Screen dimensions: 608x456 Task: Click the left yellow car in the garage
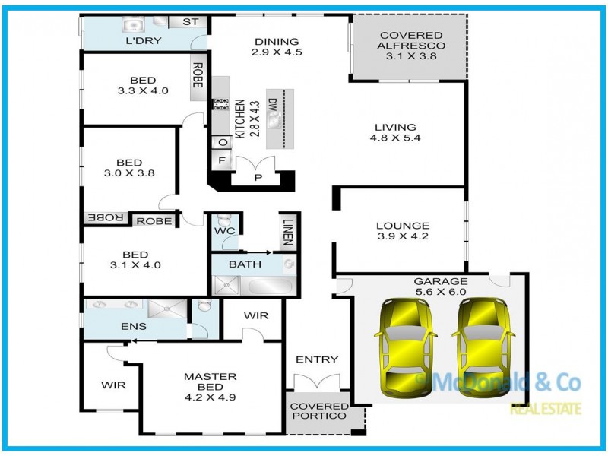pyautogui.click(x=406, y=348)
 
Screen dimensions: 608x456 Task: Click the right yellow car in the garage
pyautogui.click(x=483, y=348)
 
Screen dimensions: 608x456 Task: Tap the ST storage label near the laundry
pyautogui.click(x=191, y=22)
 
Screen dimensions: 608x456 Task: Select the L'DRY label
pyautogui.click(x=144, y=41)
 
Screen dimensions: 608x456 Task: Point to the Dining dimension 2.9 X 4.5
pyautogui.click(x=277, y=52)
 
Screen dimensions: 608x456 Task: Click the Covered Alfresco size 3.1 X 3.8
pyautogui.click(x=411, y=55)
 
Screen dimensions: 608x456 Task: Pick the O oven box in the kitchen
pyautogui.click(x=222, y=142)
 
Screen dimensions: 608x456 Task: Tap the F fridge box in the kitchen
pyautogui.click(x=222, y=160)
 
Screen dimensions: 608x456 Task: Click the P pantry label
pyautogui.click(x=258, y=178)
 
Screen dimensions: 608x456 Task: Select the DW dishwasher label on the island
pyautogui.click(x=273, y=104)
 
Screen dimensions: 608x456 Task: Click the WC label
pyautogui.click(x=224, y=231)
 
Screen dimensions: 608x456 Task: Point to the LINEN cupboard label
pyautogui.click(x=287, y=232)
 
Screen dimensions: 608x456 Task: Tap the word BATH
pyautogui.click(x=245, y=264)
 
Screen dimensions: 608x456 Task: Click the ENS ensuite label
pyautogui.click(x=134, y=327)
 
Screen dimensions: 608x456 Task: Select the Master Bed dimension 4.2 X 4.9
pyautogui.click(x=211, y=397)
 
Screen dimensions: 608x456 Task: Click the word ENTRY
pyautogui.click(x=317, y=359)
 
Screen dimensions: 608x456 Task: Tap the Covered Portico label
pyautogui.click(x=319, y=411)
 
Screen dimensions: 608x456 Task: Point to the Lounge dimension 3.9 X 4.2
pyautogui.click(x=403, y=236)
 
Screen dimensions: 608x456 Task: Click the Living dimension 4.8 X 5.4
pyautogui.click(x=395, y=138)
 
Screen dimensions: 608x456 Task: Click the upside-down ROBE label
pyautogui.click(x=106, y=218)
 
